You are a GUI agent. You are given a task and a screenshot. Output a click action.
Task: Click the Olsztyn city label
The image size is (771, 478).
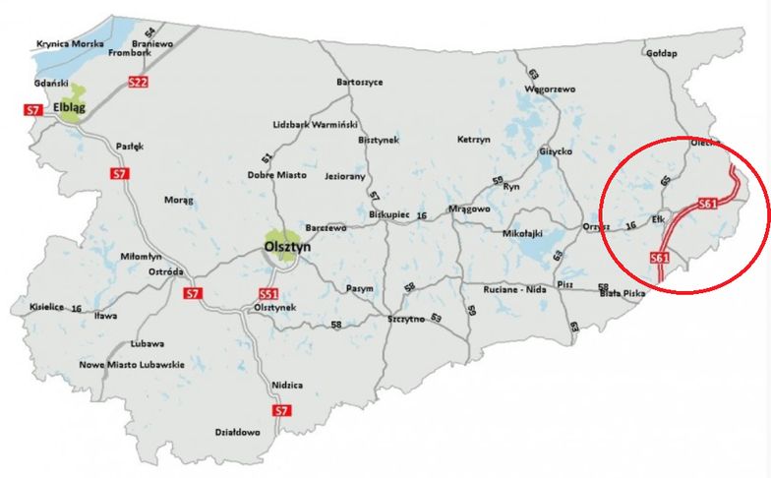pyautogui.click(x=287, y=249)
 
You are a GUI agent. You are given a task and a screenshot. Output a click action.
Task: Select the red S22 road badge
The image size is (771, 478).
pyautogui.click(x=138, y=83)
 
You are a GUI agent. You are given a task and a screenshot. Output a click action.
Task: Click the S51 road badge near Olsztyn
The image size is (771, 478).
pyautogui.click(x=268, y=293)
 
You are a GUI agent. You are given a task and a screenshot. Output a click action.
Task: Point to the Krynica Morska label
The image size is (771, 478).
pyautogui.click(x=68, y=44)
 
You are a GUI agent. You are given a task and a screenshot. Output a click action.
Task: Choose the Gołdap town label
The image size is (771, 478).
pyautogui.click(x=661, y=53)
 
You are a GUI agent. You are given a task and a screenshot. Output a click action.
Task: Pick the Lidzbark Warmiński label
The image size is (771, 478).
pyautogui.click(x=316, y=125)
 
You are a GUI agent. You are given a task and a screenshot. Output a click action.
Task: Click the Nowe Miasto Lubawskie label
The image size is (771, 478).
pyautogui.click(x=133, y=365)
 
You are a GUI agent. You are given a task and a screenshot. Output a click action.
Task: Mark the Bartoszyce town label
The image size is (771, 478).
pyautogui.click(x=360, y=82)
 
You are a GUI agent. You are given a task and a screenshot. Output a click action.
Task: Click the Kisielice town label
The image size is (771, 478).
pyautogui.click(x=46, y=307)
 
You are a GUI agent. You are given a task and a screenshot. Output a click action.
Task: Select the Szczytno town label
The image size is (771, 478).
pyautogui.click(x=406, y=320)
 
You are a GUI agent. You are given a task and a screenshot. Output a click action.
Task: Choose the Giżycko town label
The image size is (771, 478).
pyautogui.click(x=555, y=151)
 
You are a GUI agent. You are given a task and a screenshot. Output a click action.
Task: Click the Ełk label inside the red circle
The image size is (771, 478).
pyautogui.click(x=631, y=218)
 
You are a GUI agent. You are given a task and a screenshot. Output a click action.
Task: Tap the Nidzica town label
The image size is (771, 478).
pyautogui.click(x=285, y=385)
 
